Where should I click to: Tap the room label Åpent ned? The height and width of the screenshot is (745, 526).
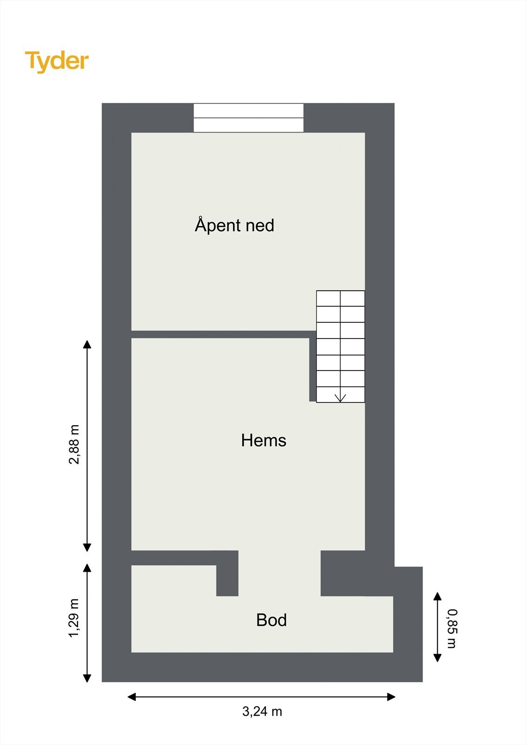tap(234, 225)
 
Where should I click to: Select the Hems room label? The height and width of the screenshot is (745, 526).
tap(263, 440)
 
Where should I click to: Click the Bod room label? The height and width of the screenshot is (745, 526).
tap(271, 620)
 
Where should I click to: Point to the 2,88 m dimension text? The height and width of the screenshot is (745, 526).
tap(74, 445)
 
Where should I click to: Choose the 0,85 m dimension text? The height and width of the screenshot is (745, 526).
tap(452, 628)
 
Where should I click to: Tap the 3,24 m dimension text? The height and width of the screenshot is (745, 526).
tap(262, 711)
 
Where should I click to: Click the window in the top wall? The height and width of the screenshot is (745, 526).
tap(248, 118)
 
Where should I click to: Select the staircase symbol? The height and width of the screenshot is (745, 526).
tap(340, 346)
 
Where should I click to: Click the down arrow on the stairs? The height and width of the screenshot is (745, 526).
tap(340, 397)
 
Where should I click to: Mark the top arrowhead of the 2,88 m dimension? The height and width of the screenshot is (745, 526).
tap(87, 345)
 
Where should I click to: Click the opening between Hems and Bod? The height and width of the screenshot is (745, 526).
tap(280, 573)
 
